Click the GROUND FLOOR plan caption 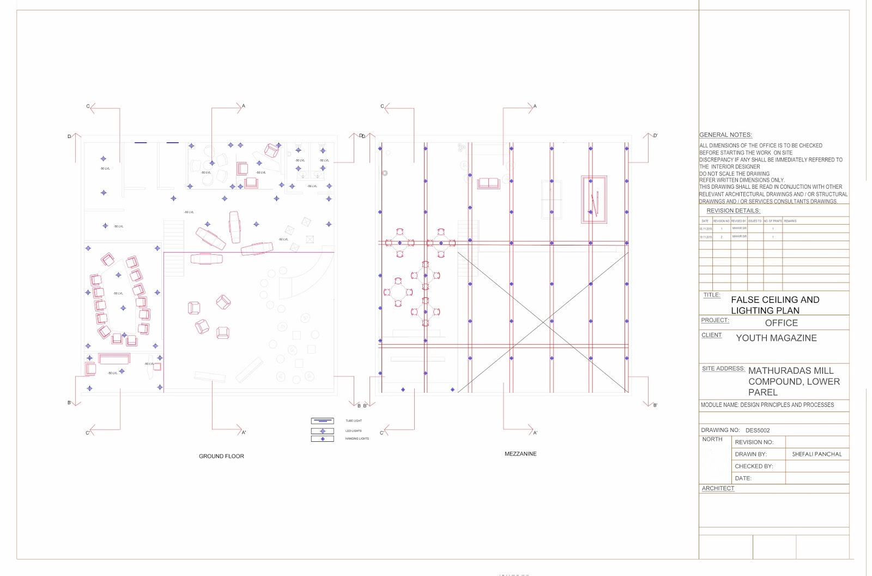click(x=221, y=456)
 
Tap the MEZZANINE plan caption click(x=520, y=454)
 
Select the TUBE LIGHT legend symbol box click(x=322, y=421)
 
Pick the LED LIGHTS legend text click(x=353, y=431)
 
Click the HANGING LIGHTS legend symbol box click(x=322, y=439)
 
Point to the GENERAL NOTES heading click(x=725, y=135)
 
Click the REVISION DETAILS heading click(x=733, y=211)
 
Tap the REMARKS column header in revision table click(x=790, y=221)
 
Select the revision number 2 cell click(x=722, y=237)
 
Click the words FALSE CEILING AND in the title click(x=775, y=299)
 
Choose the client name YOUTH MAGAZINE click(x=776, y=338)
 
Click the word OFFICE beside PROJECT click(x=781, y=323)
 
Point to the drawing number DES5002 click(x=758, y=430)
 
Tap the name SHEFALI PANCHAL click(x=816, y=454)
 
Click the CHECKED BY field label click(x=754, y=466)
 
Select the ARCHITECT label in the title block click(x=718, y=488)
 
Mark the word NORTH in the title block click(x=712, y=439)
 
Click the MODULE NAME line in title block click(x=767, y=405)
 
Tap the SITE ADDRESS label click(x=723, y=369)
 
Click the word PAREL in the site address click(x=762, y=392)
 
